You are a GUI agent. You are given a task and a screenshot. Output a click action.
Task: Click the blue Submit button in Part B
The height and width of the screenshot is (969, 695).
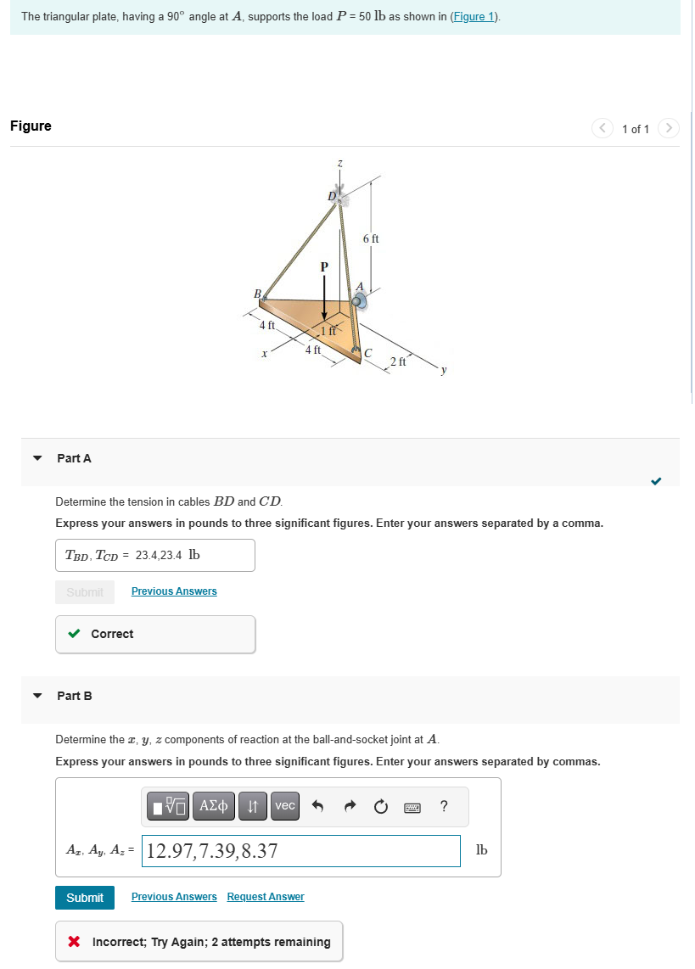(85, 897)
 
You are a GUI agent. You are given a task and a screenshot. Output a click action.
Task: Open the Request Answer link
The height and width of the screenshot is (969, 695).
(266, 897)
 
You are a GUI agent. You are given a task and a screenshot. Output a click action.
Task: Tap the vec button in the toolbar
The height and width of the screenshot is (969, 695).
(285, 805)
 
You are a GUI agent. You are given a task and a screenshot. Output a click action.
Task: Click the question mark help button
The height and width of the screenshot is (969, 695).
(444, 806)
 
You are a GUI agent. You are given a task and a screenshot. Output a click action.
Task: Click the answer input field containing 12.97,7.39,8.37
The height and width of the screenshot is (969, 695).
(301, 850)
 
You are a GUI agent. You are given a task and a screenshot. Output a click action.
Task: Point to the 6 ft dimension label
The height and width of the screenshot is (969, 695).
(371, 239)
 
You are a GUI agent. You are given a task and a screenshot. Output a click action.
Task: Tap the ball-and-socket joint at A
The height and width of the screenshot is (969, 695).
(359, 300)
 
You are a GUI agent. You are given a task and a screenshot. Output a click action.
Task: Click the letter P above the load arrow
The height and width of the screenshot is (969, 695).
(323, 266)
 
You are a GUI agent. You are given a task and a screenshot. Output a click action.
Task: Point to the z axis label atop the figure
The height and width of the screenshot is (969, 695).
(339, 161)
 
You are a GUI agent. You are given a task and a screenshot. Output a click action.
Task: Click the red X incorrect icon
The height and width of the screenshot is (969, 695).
(75, 942)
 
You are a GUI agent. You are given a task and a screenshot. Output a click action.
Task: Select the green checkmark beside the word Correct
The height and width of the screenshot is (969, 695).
(75, 634)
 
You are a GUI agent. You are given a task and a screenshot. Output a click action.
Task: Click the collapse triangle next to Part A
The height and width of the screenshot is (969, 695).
(36, 458)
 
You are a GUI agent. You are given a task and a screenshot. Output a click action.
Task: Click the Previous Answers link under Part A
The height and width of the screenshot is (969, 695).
(174, 591)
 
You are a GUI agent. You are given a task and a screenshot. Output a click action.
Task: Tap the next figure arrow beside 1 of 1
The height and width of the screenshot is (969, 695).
(670, 129)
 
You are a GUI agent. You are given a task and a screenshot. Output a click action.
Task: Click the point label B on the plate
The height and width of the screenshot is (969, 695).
(257, 294)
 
